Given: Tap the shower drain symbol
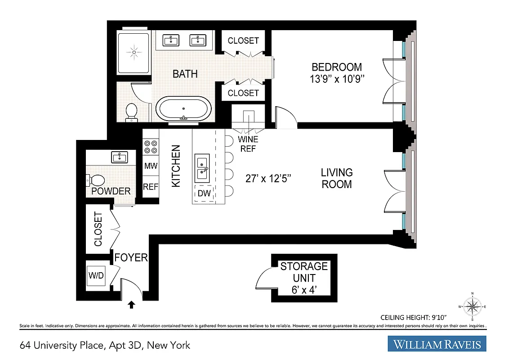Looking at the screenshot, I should pyautogui.click(x=134, y=53).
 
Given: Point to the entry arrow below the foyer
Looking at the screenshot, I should pyautogui.click(x=131, y=305).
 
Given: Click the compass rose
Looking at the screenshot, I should pyautogui.click(x=472, y=307).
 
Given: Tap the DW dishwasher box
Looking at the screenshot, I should pyautogui.click(x=204, y=193).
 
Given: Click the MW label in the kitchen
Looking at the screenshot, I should pyautogui.click(x=151, y=166).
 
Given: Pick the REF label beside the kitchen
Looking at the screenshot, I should pyautogui.click(x=151, y=186).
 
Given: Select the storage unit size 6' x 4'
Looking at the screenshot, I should pyautogui.click(x=304, y=290).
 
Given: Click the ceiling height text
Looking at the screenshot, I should pyautogui.click(x=433, y=316).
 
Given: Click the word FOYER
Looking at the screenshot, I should pyautogui.click(x=131, y=257).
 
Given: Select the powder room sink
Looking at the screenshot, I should pyautogui.click(x=120, y=157).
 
